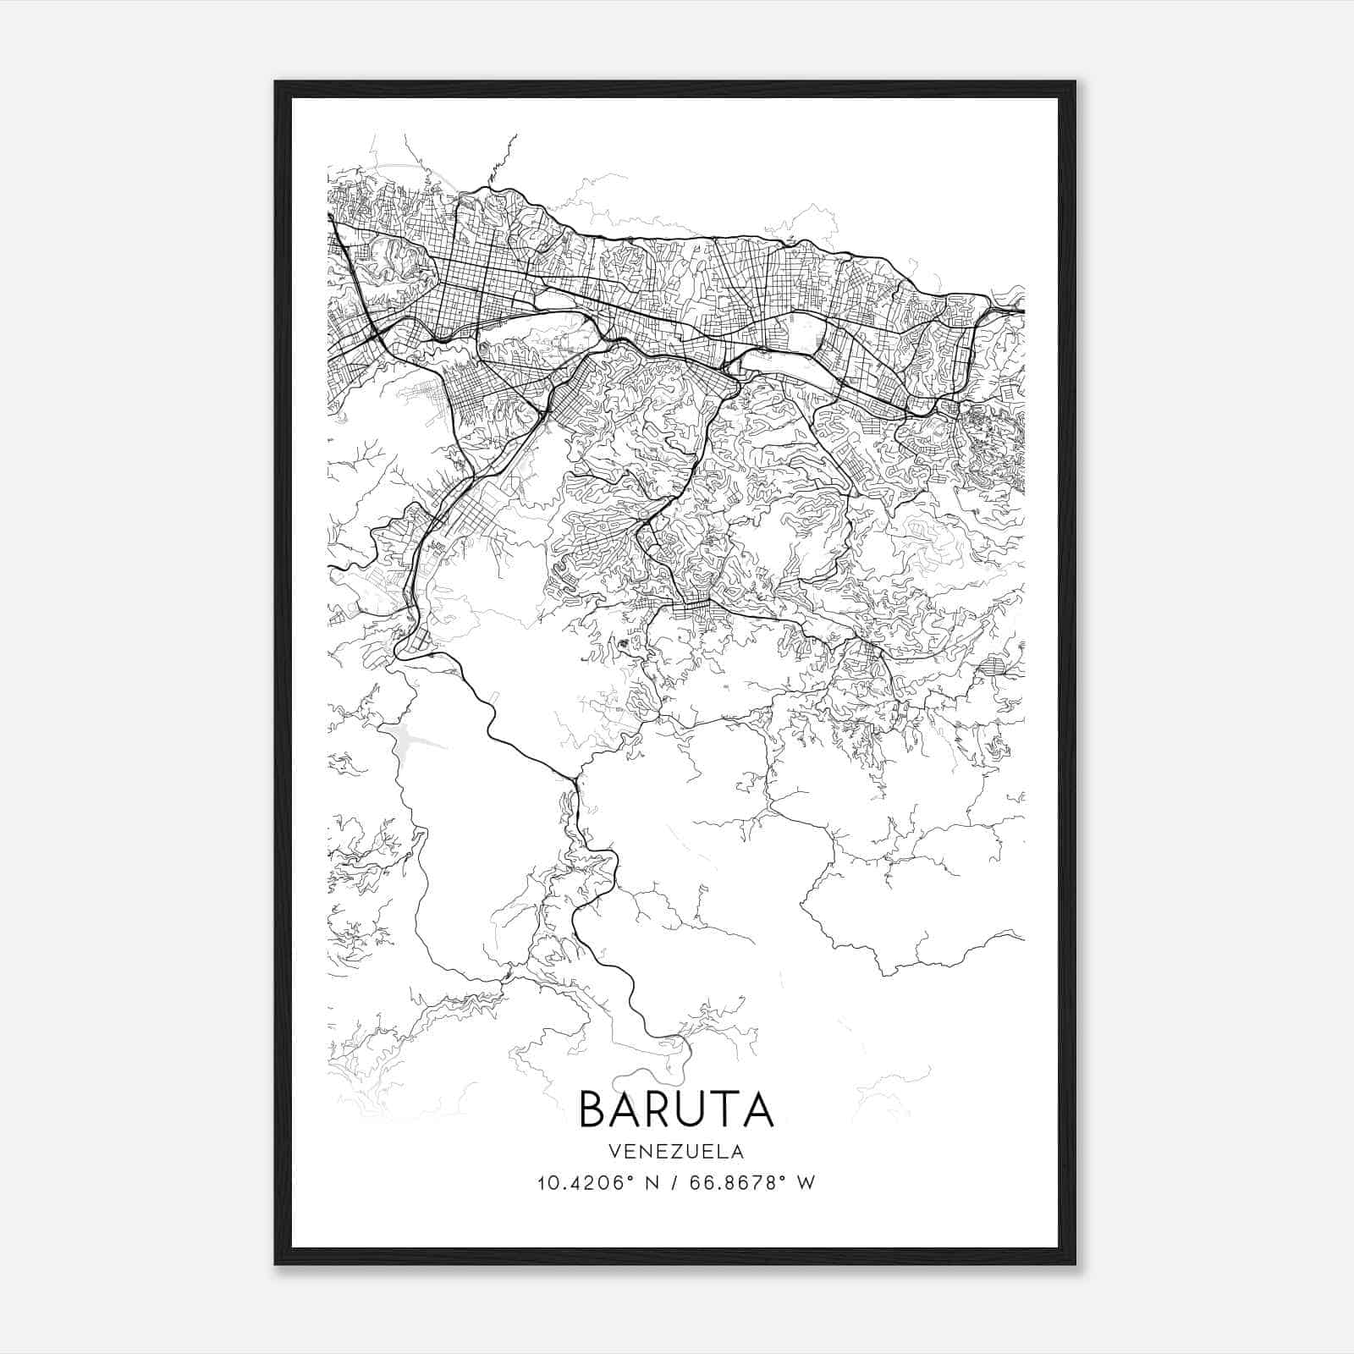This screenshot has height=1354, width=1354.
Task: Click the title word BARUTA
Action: click(675, 1109)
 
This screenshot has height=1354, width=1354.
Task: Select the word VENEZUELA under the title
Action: click(675, 1152)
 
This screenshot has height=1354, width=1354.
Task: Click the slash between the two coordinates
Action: click(672, 1183)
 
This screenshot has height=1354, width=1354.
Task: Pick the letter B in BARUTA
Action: click(593, 1109)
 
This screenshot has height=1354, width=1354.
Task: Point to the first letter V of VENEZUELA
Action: click(613, 1152)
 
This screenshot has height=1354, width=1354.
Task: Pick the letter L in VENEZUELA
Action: click(722, 1152)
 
